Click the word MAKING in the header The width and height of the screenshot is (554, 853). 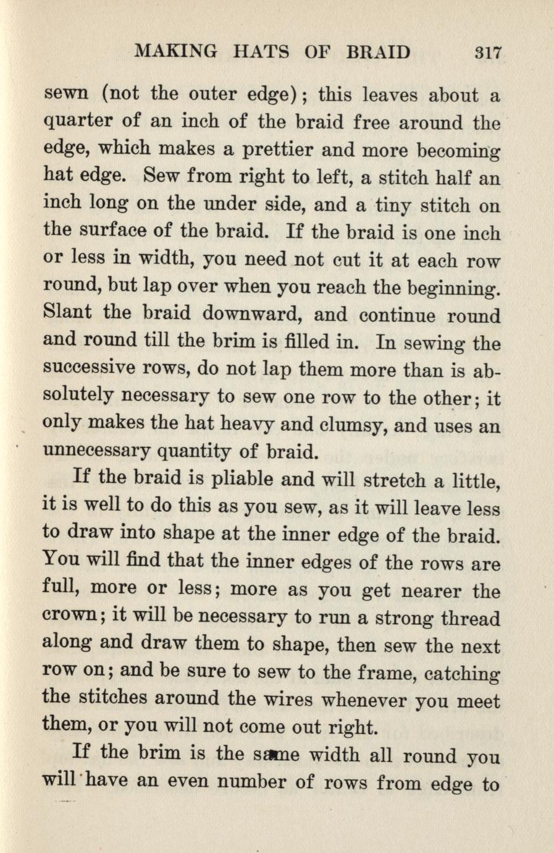[x=175, y=51]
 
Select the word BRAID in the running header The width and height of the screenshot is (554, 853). [x=378, y=51]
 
